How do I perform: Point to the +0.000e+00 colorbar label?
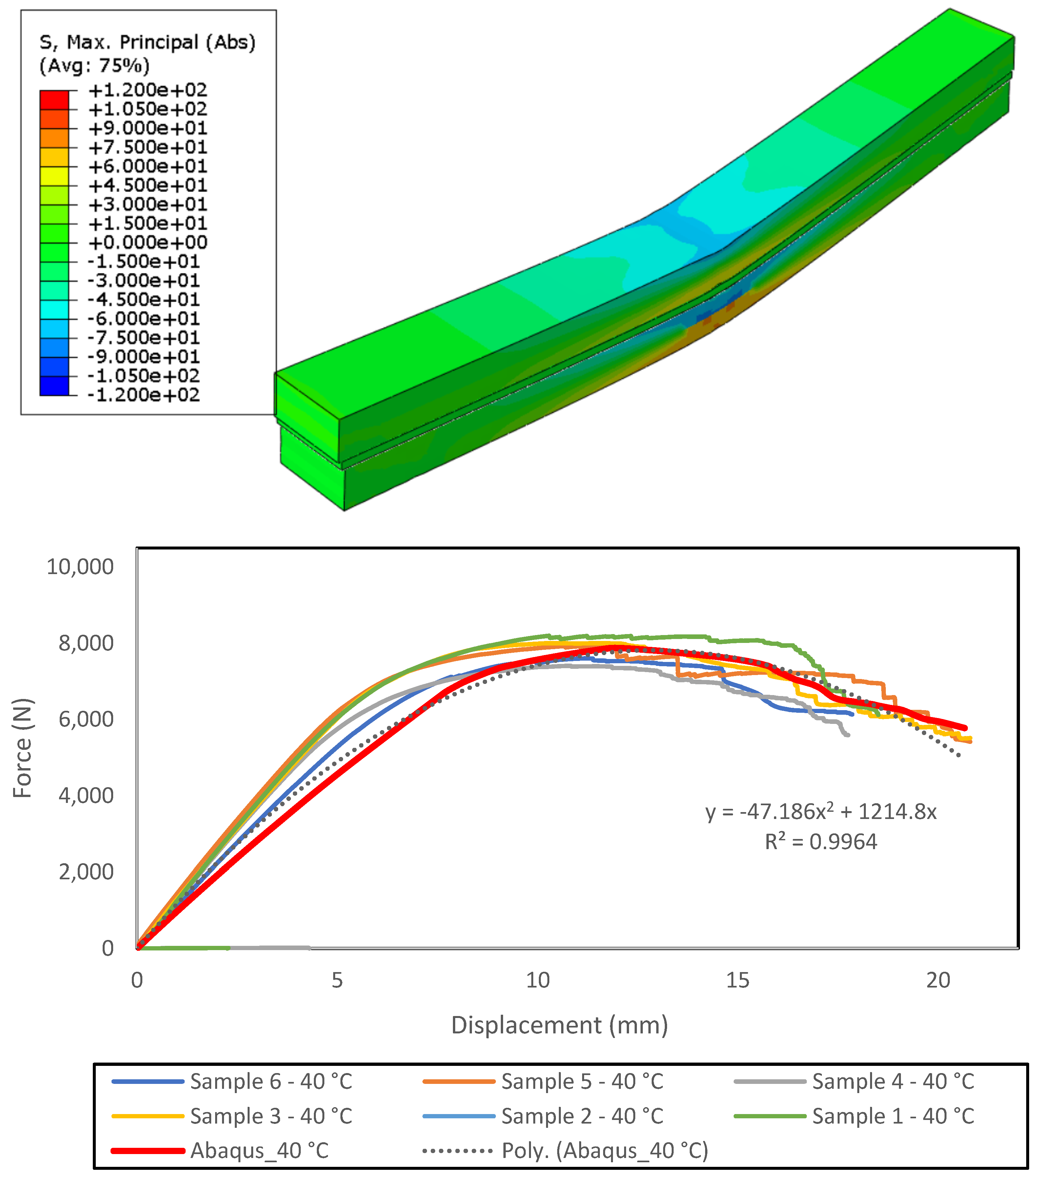[148, 242]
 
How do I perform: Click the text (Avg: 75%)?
[94, 66]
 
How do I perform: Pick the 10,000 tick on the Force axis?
[80, 567]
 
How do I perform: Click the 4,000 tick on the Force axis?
[86, 795]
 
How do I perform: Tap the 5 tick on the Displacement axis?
[337, 980]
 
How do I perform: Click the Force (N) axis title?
[23, 748]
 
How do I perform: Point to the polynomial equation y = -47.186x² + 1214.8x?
[821, 812]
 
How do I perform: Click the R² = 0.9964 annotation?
[821, 842]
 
